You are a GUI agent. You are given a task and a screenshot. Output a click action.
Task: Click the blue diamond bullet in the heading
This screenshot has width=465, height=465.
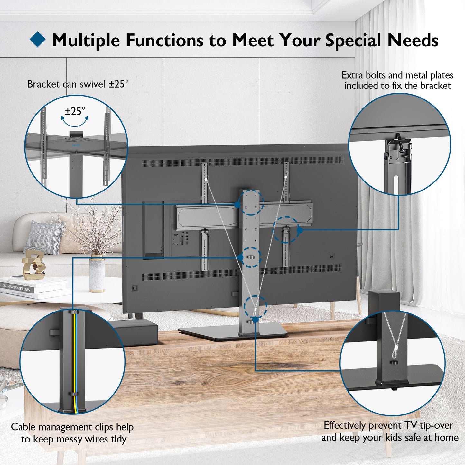(x=38, y=39)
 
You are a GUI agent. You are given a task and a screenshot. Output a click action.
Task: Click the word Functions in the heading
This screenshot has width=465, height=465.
(x=165, y=40)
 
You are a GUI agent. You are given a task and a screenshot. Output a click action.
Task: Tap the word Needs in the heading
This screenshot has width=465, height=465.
(x=413, y=40)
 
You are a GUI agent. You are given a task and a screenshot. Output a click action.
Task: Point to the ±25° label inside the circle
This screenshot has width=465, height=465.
(x=75, y=111)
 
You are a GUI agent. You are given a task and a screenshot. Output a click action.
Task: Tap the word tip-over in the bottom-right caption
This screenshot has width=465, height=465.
(x=437, y=425)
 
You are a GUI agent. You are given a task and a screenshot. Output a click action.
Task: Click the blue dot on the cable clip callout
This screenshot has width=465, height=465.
(x=240, y=258)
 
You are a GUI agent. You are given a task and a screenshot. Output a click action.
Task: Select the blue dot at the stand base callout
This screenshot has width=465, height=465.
(x=256, y=320)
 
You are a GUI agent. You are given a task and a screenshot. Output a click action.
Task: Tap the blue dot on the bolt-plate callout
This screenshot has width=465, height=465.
(x=300, y=230)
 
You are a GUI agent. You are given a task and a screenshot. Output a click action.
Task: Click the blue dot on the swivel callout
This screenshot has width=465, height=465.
(x=237, y=205)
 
